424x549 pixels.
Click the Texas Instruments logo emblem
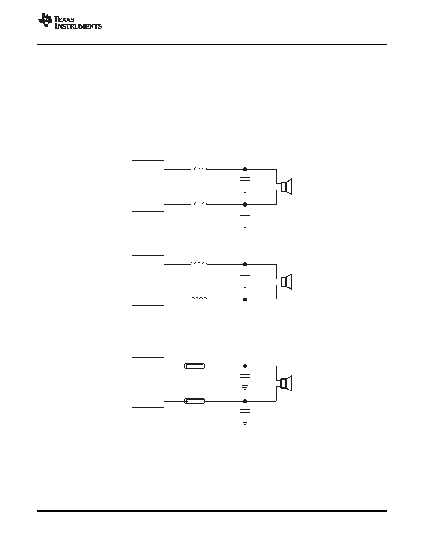coord(45,20)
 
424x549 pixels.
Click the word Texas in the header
coord(64,19)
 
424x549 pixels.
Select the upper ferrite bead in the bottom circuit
coord(194,366)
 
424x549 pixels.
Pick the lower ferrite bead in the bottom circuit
coord(194,401)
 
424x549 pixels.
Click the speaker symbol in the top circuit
coord(286,187)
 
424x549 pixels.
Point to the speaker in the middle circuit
coord(286,282)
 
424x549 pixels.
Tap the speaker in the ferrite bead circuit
coord(286,384)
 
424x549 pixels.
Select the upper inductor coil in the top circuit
coord(199,168)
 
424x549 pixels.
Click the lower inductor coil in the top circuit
coord(199,203)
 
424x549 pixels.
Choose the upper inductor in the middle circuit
coord(199,263)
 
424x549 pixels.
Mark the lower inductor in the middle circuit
coord(199,298)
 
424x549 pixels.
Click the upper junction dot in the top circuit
coord(245,169)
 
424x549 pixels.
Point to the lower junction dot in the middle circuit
coord(245,299)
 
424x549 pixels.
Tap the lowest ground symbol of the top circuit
coord(245,226)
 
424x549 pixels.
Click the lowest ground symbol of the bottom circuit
coord(245,422)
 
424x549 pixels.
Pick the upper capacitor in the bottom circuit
coord(245,376)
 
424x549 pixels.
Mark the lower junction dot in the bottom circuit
coord(245,401)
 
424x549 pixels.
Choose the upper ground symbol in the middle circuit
coord(245,285)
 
